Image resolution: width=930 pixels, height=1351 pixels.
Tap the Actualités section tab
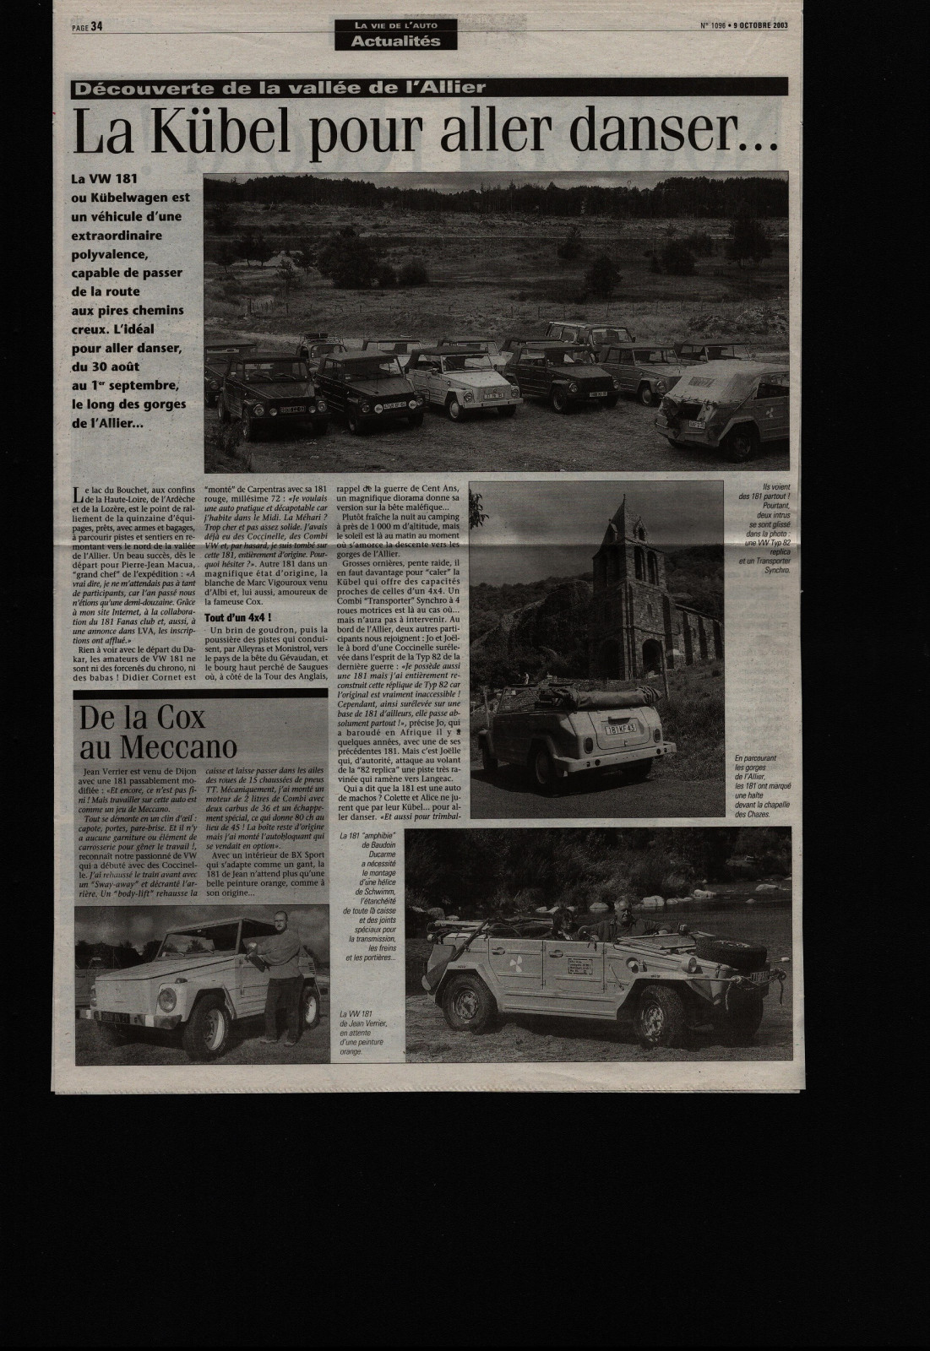click(396, 41)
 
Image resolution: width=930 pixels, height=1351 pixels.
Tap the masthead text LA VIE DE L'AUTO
click(395, 24)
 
